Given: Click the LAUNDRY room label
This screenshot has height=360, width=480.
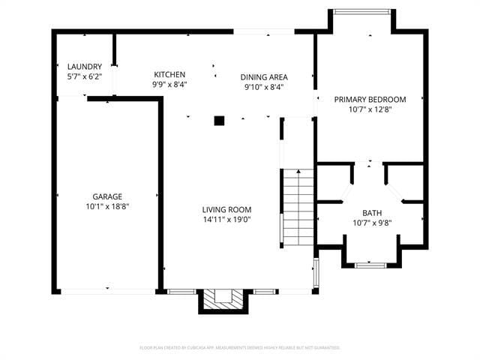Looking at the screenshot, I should click(84, 67).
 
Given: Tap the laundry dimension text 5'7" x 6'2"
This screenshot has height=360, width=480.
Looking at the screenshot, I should click(84, 76).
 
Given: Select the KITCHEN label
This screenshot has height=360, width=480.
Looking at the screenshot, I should click(169, 74).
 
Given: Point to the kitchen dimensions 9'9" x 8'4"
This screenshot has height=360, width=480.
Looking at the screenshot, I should click(169, 84).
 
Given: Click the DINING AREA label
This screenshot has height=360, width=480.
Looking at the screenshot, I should click(264, 76).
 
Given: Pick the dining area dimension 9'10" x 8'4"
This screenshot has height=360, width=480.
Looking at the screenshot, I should click(264, 86).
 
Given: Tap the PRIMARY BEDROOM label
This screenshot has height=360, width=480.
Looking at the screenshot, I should click(370, 99).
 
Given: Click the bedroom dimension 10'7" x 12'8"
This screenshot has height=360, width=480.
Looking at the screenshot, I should click(370, 109).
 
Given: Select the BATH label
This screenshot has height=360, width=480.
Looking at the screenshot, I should click(372, 212).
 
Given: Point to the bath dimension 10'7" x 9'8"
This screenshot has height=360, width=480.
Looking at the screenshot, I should click(372, 222).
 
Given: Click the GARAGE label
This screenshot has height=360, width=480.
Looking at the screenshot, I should click(107, 196).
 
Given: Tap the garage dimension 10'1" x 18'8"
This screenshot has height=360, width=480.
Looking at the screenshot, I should click(107, 206).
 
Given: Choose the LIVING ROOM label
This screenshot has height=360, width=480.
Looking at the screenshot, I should click(226, 209).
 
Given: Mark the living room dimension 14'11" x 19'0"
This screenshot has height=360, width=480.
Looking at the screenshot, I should click(226, 220).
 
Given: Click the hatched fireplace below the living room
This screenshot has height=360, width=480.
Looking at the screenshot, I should click(222, 299).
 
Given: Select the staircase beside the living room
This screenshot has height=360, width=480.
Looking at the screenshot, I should click(298, 206).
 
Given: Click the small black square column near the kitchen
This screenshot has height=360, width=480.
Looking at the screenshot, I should click(219, 120).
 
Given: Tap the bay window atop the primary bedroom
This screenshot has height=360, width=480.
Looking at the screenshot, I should click(361, 11).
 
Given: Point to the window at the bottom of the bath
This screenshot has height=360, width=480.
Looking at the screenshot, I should click(371, 265).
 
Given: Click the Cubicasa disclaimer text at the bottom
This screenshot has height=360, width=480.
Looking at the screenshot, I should click(240, 347).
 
